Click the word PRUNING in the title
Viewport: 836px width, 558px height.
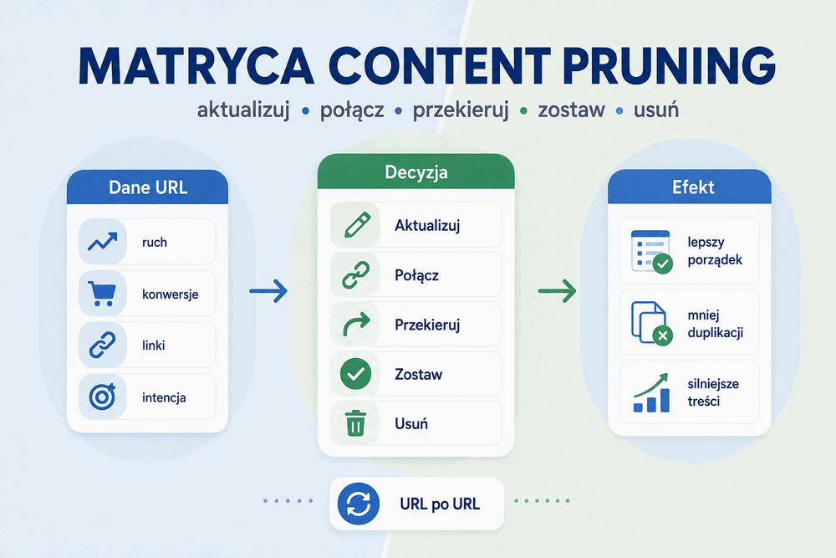[669, 66]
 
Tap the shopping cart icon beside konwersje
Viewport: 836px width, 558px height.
[101, 294]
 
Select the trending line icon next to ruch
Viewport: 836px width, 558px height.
[102, 242]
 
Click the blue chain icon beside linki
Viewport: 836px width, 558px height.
[102, 345]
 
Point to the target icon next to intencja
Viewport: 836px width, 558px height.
[102, 397]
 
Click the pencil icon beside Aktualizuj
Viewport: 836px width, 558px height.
[357, 224]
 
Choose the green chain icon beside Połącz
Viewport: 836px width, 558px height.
[355, 274]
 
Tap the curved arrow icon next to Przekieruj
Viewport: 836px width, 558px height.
[356, 325]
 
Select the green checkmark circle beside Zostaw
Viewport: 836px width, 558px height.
[355, 373]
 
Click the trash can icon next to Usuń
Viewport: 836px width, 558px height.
[355, 423]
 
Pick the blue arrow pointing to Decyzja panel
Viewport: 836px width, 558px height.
[268, 291]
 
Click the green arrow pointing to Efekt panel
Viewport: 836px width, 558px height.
[557, 291]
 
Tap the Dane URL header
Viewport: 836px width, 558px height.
[148, 187]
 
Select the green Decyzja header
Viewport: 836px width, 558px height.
[415, 172]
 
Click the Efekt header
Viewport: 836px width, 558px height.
[690, 187]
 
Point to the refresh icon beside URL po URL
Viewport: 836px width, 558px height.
[359, 504]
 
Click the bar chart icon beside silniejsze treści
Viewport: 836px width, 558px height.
[651, 393]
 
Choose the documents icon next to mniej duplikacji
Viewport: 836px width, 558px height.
[651, 323]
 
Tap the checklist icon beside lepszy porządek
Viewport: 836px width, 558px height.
[651, 252]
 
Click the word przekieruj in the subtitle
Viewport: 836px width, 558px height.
[461, 110]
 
